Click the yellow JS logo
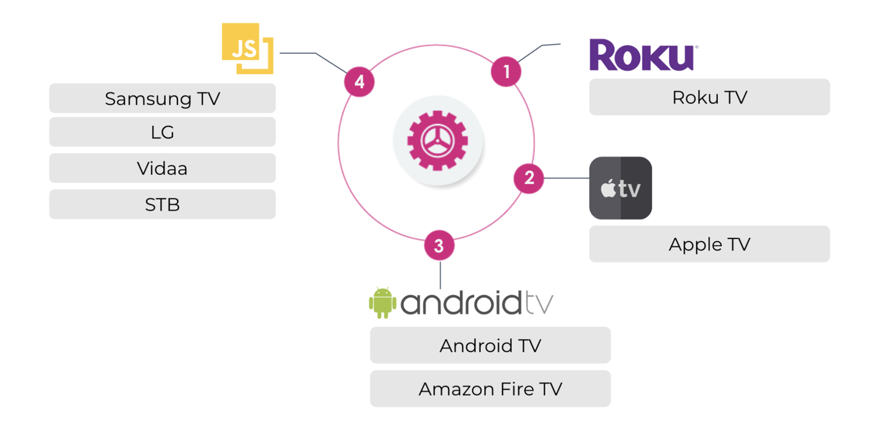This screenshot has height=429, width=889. click(x=247, y=48)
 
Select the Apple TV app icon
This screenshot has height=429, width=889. click(x=620, y=188)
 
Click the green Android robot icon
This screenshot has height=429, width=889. click(x=382, y=302)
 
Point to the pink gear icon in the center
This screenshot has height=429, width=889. click(x=438, y=141)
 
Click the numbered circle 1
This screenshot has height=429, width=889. click(x=506, y=71)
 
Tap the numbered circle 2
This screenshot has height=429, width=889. click(x=529, y=178)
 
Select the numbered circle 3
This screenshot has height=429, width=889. click(x=439, y=246)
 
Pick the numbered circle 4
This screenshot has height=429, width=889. click(x=359, y=82)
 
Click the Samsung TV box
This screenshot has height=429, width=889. click(x=162, y=98)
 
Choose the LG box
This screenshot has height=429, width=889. click(x=162, y=132)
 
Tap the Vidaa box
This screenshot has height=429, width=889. click(x=162, y=168)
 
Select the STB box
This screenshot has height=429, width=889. click(x=162, y=204)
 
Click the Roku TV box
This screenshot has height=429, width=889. click(x=709, y=97)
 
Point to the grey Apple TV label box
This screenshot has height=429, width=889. click(x=709, y=244)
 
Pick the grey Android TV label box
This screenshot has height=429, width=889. click(x=490, y=346)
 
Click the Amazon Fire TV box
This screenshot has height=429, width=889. click(x=490, y=389)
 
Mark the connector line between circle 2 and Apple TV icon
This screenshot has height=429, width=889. click(x=566, y=178)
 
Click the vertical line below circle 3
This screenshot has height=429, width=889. click(x=440, y=275)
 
